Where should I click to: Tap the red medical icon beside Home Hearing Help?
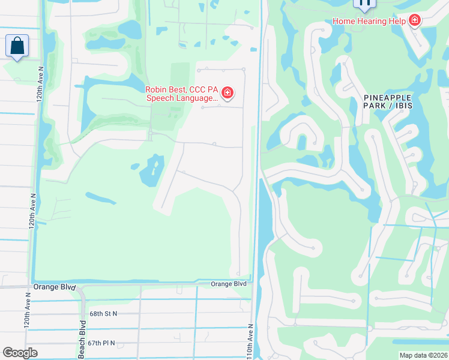click(414, 21)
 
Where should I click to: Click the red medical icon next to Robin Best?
click(228, 92)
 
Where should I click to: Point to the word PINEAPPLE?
click(387, 97)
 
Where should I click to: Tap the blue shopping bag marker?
click(17, 46)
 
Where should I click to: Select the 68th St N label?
click(103, 313)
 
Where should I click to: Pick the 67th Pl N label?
click(101, 343)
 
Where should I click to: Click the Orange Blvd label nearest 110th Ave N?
click(229, 284)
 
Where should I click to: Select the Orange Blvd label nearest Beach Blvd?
click(55, 287)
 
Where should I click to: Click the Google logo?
click(20, 353)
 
